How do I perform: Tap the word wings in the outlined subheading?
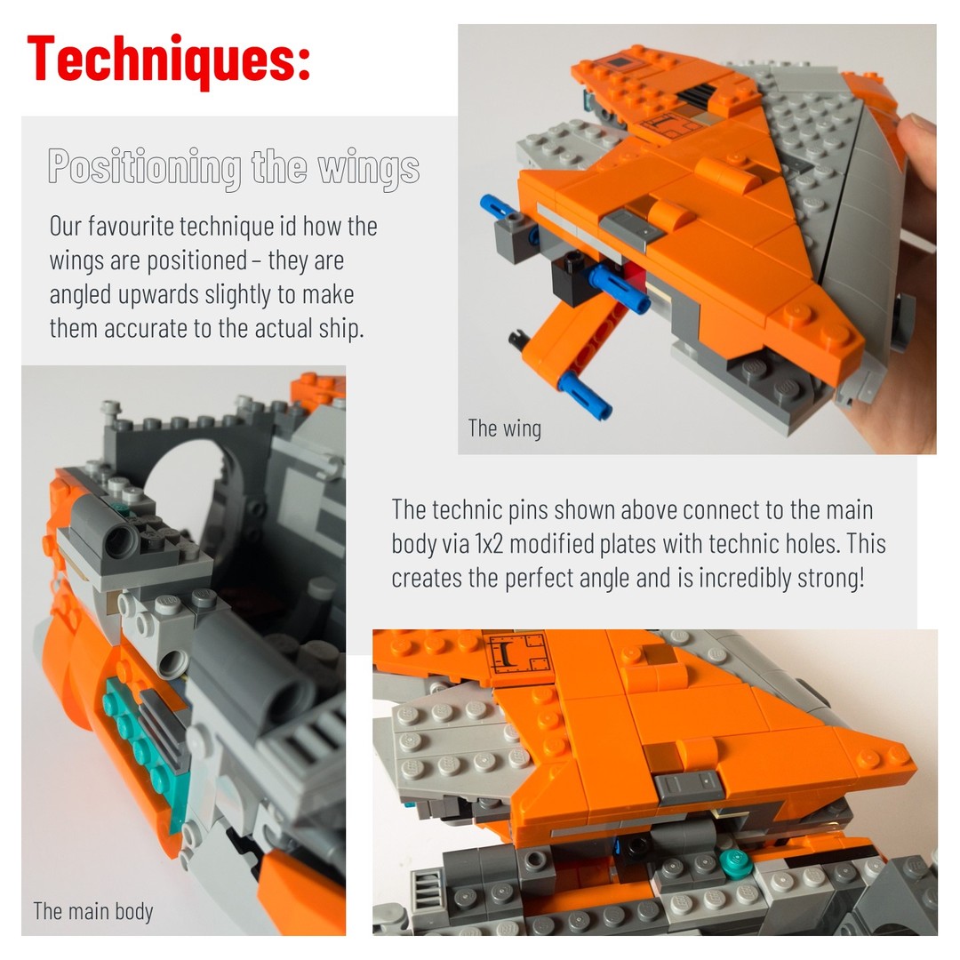click(x=369, y=167)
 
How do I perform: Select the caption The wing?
click(x=505, y=428)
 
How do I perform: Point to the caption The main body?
click(x=93, y=911)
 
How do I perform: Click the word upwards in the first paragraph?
click(x=158, y=294)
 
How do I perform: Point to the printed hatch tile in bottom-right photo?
click(x=517, y=654)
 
